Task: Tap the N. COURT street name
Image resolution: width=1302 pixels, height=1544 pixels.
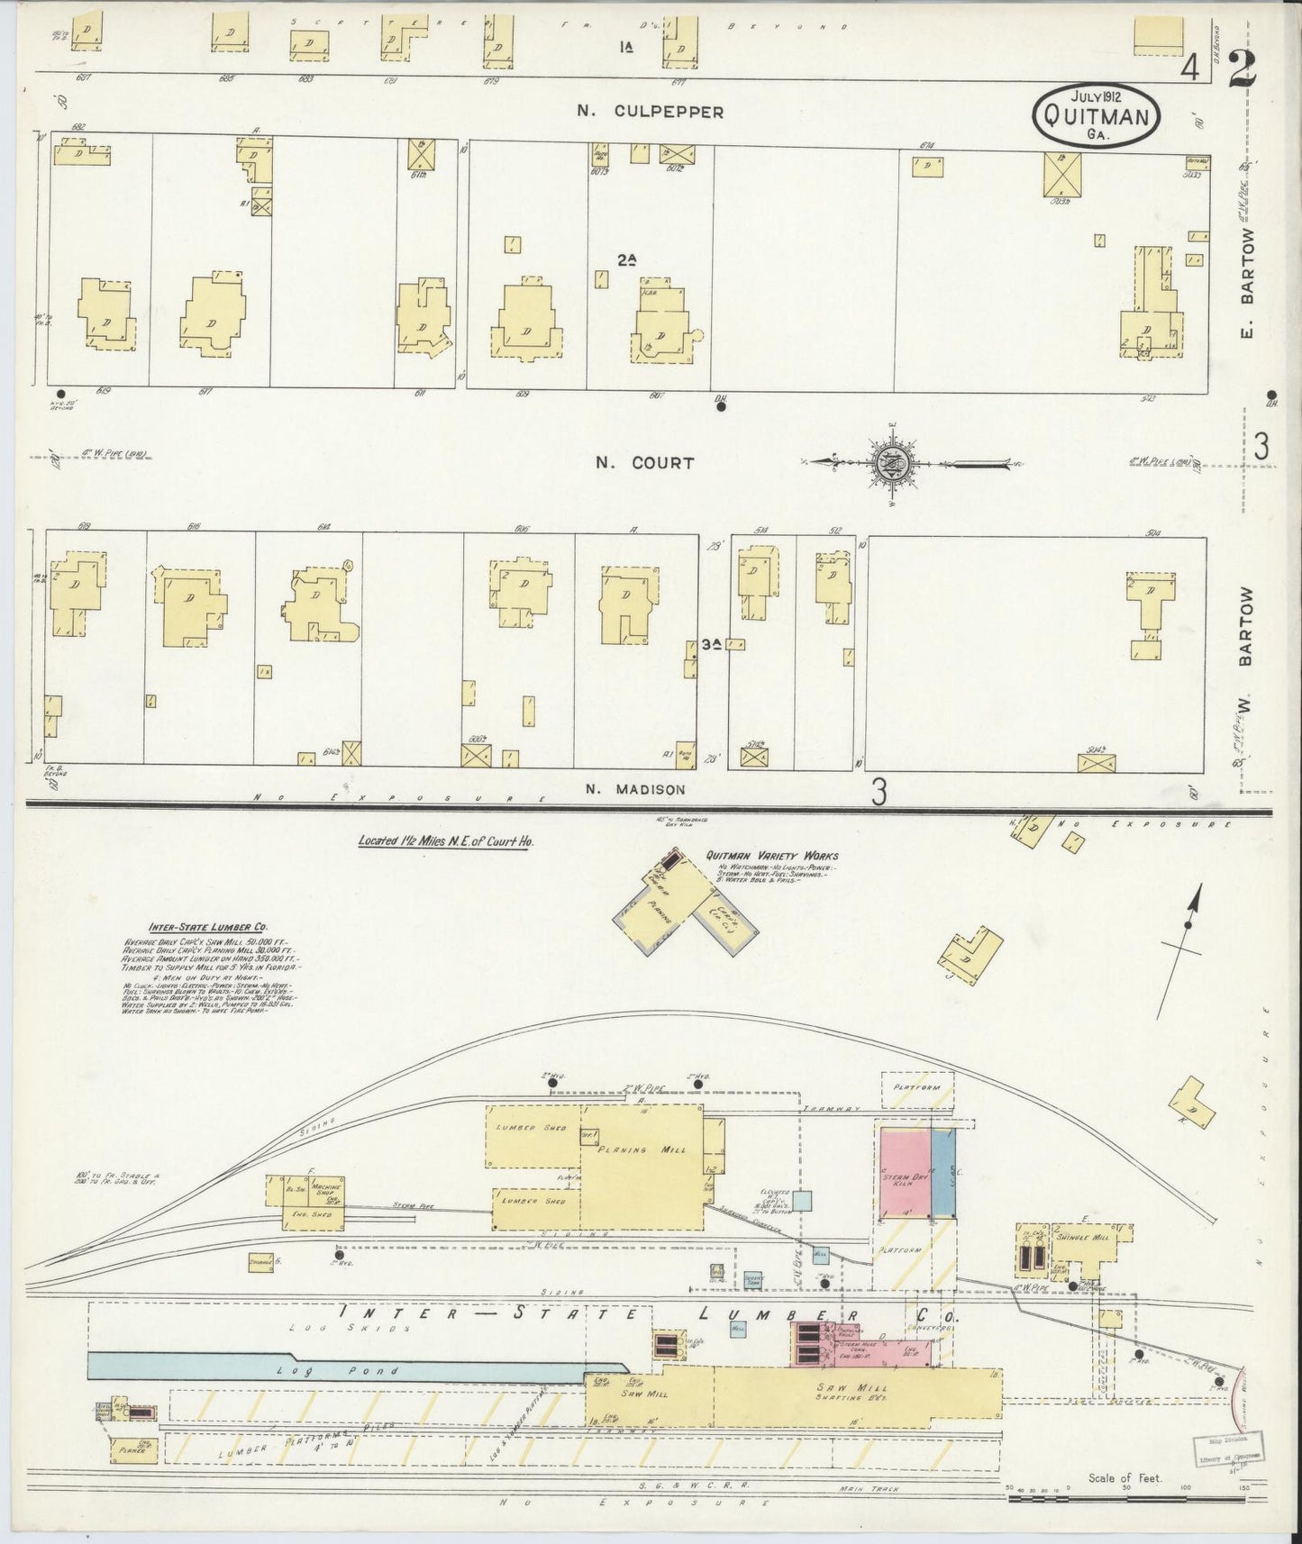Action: coord(644,463)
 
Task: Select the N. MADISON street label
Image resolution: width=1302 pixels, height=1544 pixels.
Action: coord(635,789)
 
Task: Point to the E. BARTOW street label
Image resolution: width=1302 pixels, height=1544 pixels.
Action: coord(1248,283)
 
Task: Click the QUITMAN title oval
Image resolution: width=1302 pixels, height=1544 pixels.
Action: coord(1096,115)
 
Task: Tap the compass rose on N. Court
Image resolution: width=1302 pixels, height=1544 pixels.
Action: coord(895,463)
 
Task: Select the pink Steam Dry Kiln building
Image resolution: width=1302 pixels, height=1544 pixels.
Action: coord(904,1172)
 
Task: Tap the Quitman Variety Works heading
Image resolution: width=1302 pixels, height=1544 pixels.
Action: coord(772,856)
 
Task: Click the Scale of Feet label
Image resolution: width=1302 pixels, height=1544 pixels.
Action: coord(1124,1477)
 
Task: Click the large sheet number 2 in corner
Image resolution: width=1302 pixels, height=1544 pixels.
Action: coord(1244,67)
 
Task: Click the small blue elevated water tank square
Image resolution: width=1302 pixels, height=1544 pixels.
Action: coord(802,1200)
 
